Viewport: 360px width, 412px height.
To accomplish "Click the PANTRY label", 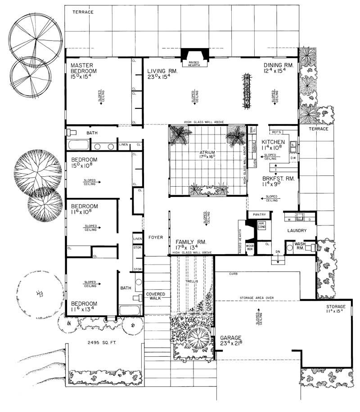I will pyautogui.click(x=260, y=215).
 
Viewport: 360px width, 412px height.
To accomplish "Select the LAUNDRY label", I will pyautogui.click(x=297, y=231).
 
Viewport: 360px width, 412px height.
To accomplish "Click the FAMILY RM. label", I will pyautogui.click(x=191, y=242).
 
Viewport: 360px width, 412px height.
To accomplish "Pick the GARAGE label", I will pyautogui.click(x=231, y=337).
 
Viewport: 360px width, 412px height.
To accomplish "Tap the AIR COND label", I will pyautogui.click(x=261, y=225).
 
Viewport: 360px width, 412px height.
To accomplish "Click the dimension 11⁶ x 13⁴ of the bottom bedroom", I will pyautogui.click(x=84, y=310).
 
